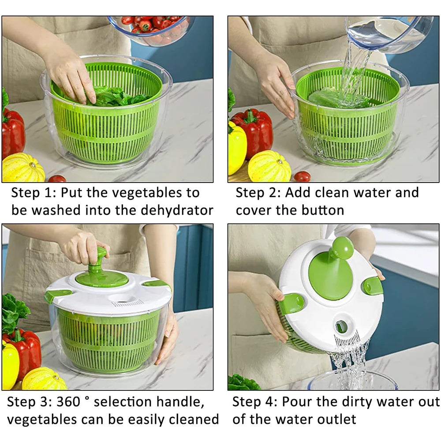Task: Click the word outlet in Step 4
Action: pyautogui.click(x=333, y=419)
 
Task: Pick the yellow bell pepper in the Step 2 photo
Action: pyautogui.click(x=236, y=148)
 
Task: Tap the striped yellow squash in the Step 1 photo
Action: pyautogui.click(x=23, y=168)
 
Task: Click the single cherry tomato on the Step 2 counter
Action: pyautogui.click(x=302, y=176)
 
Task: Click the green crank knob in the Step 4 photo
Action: pyautogui.click(x=342, y=248)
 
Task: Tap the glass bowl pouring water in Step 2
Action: pyautogui.click(x=388, y=33)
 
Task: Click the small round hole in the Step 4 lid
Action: pyautogui.click(x=341, y=326)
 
